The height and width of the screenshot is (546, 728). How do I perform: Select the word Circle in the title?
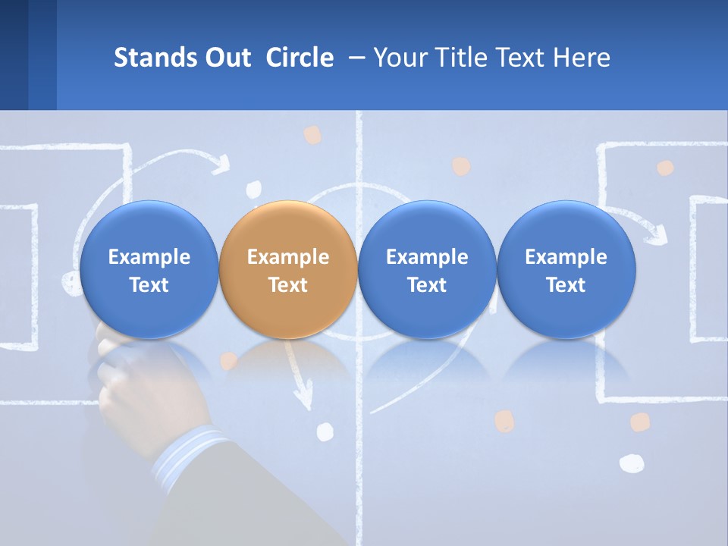300,58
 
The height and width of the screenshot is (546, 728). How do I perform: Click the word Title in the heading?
469,58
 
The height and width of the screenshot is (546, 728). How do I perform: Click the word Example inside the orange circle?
287,257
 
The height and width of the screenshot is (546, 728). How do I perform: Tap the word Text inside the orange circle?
287,285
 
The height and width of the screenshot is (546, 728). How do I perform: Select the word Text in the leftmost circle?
149,285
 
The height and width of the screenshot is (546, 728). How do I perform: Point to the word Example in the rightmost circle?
566,257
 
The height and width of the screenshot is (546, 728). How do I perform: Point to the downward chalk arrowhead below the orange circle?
304,394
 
